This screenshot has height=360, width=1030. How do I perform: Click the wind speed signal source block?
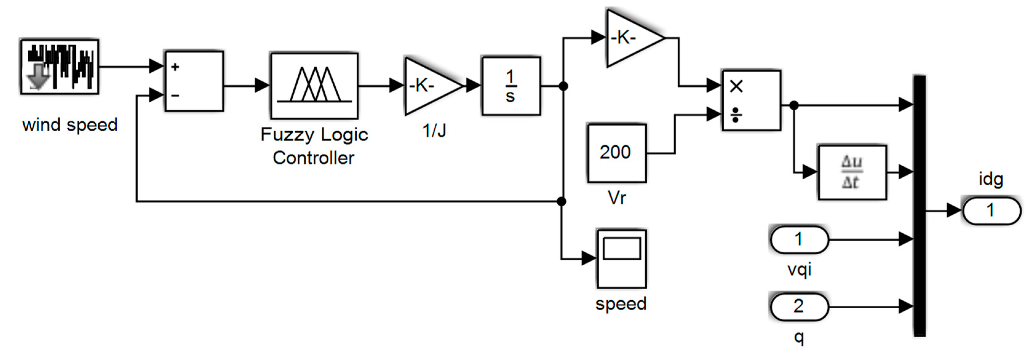[x=60, y=66]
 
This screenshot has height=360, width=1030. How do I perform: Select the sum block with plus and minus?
[x=194, y=81]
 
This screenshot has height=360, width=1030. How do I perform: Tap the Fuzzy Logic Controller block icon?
[x=314, y=85]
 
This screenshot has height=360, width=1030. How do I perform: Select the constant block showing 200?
[x=616, y=153]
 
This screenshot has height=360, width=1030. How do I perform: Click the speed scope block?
[x=621, y=259]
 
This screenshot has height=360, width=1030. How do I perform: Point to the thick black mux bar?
[x=919, y=206]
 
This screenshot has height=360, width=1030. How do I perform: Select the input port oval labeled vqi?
[x=798, y=239]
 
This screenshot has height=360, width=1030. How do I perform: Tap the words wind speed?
[x=70, y=125]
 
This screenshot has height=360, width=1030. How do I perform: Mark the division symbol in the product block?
[x=736, y=115]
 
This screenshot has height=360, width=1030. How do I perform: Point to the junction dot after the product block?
[x=794, y=105]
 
